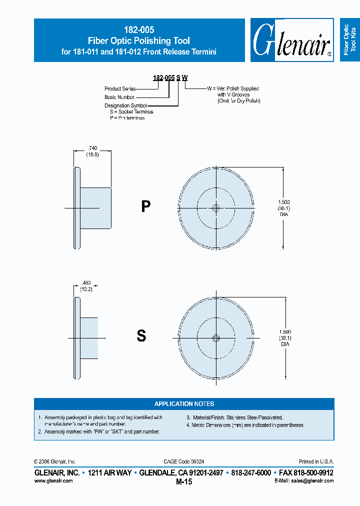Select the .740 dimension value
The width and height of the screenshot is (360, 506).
pos(92,148)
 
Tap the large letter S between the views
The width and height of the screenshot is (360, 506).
pos(141,336)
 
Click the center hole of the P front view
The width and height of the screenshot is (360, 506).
pos(216,208)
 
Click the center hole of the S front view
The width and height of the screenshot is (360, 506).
pos(216,338)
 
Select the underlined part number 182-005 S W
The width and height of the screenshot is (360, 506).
pos(170,78)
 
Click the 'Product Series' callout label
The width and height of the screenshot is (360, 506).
pos(120,89)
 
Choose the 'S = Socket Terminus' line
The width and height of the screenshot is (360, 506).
pos(131,112)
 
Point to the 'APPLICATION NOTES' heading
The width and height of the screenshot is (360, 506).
pos(184,404)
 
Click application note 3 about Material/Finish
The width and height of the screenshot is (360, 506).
pos(234,417)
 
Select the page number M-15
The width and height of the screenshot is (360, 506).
pos(184,482)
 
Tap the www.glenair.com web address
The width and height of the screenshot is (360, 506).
pos(53,480)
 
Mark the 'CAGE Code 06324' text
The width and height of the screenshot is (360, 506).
pos(183,461)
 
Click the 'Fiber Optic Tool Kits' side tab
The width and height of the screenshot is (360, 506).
pos(349,40)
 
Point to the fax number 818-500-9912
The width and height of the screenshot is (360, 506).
pos(304,472)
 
